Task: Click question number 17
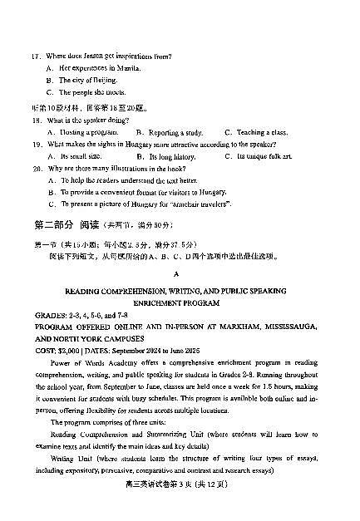click(x=36, y=57)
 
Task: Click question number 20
click(x=36, y=168)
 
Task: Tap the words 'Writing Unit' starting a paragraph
click(x=72, y=459)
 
